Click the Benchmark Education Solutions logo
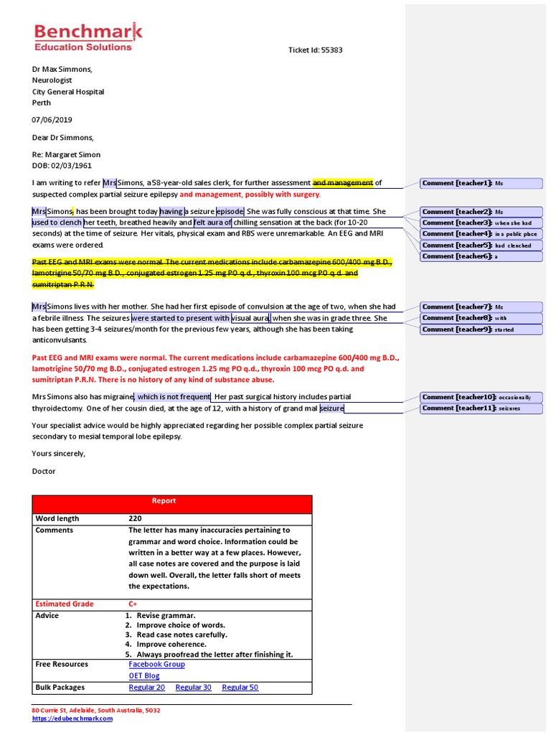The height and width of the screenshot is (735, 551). point(88,37)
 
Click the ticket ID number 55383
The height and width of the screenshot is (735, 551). point(331,50)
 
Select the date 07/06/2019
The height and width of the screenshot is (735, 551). point(52,120)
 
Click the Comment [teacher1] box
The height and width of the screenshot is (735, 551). point(481,184)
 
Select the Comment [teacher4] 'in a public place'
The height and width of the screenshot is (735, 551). point(481,234)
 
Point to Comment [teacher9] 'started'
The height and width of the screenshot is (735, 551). point(481,329)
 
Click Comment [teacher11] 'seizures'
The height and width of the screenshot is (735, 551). point(481,408)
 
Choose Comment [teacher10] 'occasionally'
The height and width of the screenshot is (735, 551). point(481,397)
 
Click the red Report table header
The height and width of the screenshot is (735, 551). point(172,501)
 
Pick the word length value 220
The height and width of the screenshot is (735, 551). point(136,518)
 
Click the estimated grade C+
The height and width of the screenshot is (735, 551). point(133,604)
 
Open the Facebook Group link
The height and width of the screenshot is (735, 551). point(156,665)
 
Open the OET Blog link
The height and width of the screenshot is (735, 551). point(144,676)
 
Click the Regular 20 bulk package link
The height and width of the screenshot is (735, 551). point(146,688)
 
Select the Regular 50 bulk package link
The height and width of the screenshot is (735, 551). point(240,688)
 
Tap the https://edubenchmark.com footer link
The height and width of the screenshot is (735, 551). point(72,718)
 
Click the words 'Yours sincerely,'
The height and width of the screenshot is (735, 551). point(58,454)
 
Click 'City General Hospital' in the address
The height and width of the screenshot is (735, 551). point(68,92)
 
